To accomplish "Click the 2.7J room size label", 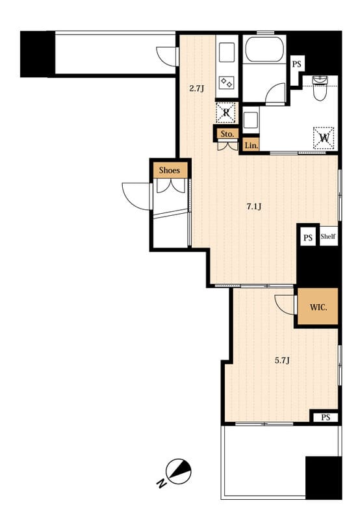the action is pos(197,88).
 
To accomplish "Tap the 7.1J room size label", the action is pos(254,207).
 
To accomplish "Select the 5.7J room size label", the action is pos(283,361).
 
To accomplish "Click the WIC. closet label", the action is pos(318,307).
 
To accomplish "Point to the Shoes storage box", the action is pos(170,170).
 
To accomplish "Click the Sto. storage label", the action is pos(227,134).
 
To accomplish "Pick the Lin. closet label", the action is pos(251,145).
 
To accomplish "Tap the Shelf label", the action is pos(328,237).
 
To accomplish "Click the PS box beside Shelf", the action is pos(308,237).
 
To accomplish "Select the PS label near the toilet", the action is pos(297,64).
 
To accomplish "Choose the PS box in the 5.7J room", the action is pos(326,417).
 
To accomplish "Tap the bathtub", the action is pos(264,49).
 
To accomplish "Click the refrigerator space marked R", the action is pos(226,112).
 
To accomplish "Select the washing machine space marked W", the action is pos(324,138).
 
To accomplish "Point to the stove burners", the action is pos(227,83).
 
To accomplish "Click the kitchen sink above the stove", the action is pos(227,52).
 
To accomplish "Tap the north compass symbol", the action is pos(179,472).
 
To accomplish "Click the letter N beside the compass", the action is pos(161,484).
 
